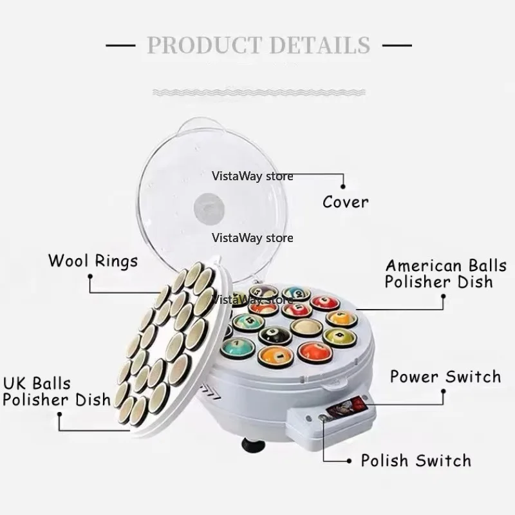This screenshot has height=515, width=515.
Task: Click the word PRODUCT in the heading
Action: point(205,44)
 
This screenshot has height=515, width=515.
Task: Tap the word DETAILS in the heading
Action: point(320,44)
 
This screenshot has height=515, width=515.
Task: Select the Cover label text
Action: point(346,202)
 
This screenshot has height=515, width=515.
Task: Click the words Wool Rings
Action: point(93,261)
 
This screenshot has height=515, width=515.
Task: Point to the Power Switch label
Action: point(445,377)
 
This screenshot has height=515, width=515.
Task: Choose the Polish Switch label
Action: point(416,460)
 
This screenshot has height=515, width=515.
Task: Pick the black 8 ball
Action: point(275,334)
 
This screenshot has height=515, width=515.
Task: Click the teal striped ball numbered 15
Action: point(248,321)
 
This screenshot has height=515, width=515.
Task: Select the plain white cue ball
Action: point(306,327)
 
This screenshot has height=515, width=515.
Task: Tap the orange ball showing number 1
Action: point(276,356)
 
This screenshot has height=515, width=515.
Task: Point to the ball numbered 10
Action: point(297,293)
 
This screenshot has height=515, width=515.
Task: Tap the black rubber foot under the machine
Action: point(253,444)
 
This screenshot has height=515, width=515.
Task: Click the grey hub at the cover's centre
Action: point(209,208)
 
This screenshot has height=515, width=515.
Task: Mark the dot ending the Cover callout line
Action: point(343,187)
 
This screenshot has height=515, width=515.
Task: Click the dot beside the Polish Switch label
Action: point(349,461)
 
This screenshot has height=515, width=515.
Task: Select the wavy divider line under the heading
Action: point(259,92)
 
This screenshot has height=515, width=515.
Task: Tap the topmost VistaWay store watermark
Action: point(252,176)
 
